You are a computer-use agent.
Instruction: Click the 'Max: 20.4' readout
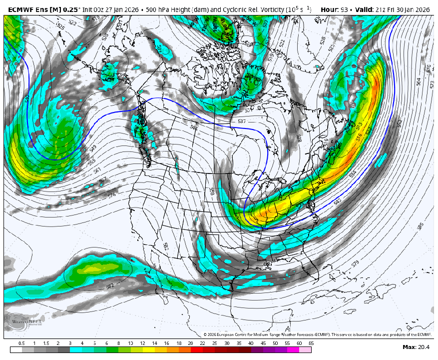coord(416,347)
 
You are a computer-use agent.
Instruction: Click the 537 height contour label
coord(242,121)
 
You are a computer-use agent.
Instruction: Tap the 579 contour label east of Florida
coord(355,263)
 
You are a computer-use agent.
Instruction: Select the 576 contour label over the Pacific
coord(111,195)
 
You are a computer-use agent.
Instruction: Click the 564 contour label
coord(419,81)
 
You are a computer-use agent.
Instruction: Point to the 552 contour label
coord(399,122)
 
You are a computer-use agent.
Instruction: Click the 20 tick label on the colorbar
coord(190,343)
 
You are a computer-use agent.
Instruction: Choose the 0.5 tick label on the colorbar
coord(21,343)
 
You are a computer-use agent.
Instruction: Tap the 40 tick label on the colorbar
coord(251,343)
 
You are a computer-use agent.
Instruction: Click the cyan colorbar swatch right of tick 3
coord(76,349)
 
